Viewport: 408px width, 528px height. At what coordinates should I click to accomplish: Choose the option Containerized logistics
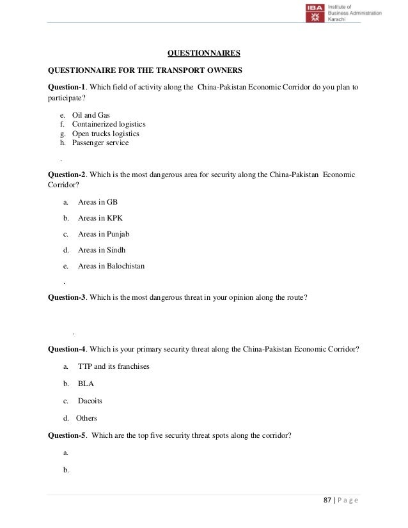109,124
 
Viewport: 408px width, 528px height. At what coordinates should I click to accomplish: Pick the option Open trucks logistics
106,134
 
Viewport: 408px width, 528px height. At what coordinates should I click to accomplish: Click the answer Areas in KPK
100,218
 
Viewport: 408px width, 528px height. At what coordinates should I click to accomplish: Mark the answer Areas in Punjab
104,234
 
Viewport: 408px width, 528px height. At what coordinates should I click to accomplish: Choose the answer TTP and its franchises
114,367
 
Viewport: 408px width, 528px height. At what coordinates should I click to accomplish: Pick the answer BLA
86,384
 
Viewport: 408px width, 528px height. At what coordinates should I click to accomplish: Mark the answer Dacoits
90,401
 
